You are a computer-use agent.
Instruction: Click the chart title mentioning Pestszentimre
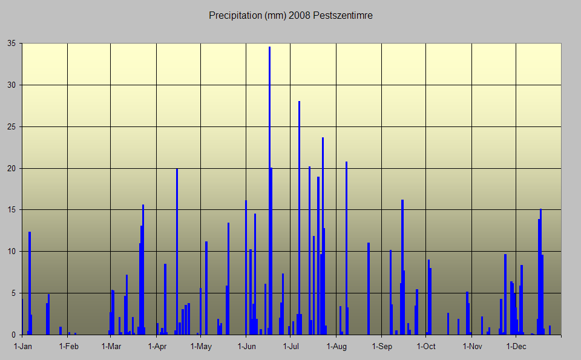[x=290, y=16]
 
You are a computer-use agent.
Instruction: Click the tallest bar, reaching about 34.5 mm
[x=269, y=194]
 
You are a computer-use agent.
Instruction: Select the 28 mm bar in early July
[x=299, y=218]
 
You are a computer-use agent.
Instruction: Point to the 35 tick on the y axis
[x=11, y=44]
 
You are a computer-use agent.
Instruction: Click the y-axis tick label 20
[x=11, y=168]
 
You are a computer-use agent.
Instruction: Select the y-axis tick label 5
[x=13, y=293]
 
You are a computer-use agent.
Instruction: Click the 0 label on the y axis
[x=13, y=335]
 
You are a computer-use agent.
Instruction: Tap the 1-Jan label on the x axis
[x=23, y=347]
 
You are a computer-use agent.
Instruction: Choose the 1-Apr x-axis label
[x=157, y=347]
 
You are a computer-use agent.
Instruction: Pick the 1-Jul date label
[x=291, y=347]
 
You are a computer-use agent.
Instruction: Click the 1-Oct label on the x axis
[x=426, y=347]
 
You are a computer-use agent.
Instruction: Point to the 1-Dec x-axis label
[x=516, y=347]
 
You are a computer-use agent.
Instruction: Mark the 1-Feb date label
[x=68, y=347]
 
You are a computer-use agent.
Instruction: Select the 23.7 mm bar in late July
[x=323, y=236]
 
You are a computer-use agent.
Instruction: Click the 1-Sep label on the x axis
[x=382, y=347]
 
